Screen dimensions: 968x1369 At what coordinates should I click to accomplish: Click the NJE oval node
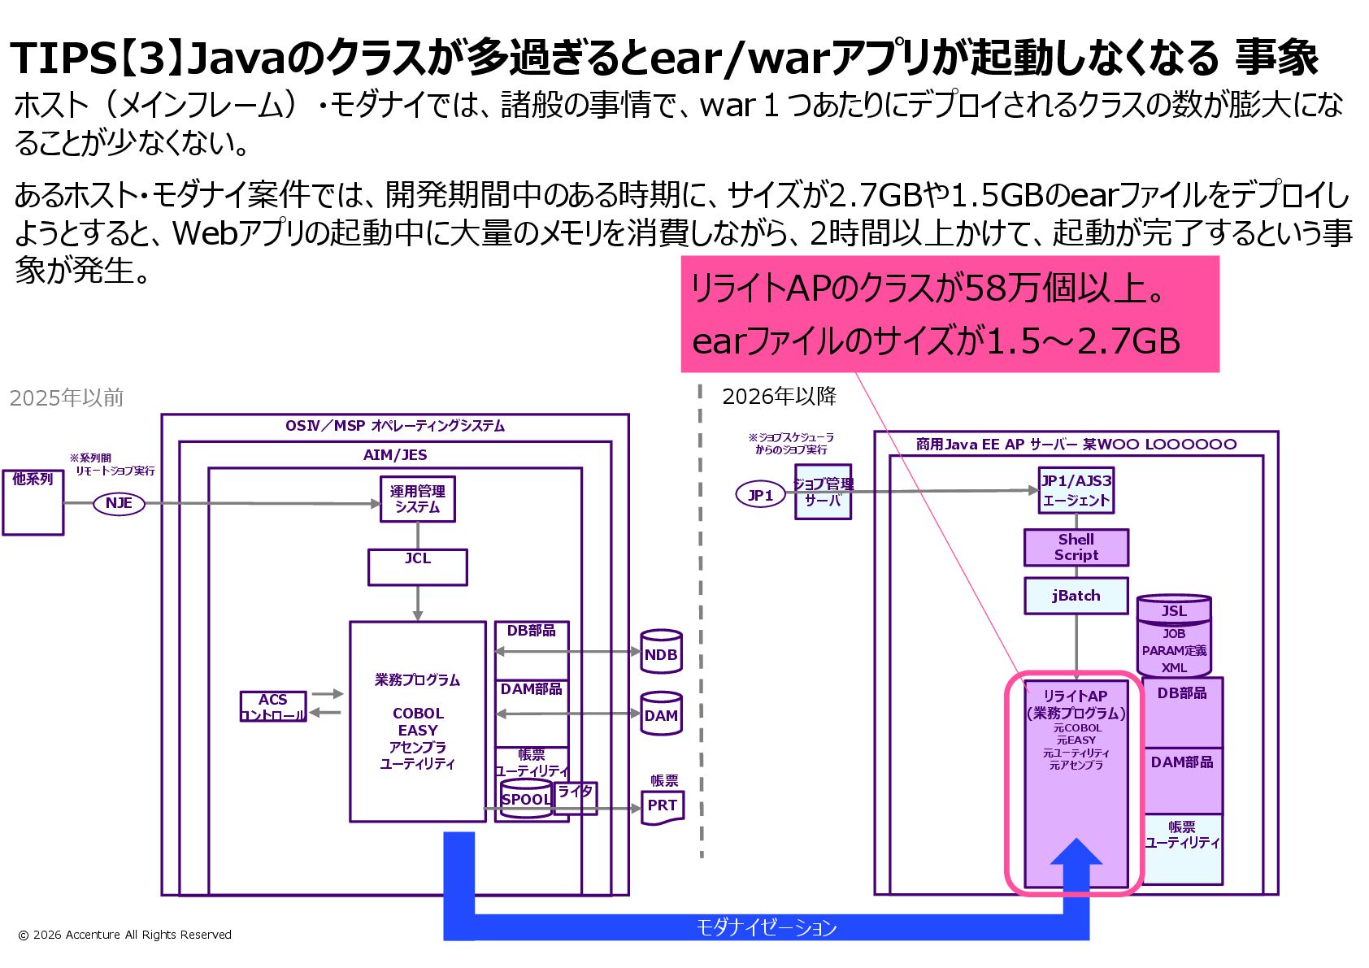point(119,503)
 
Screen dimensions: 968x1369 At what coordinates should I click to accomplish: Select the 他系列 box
point(33,502)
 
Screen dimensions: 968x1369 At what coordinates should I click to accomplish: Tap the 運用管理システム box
point(417,499)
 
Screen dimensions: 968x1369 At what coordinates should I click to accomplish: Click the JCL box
point(417,566)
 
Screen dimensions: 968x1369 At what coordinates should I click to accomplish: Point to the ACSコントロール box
point(273,706)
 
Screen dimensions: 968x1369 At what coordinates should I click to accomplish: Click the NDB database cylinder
point(660,653)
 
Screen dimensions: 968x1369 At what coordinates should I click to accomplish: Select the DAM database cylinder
point(660,714)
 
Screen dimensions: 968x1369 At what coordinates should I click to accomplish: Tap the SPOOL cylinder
point(526,798)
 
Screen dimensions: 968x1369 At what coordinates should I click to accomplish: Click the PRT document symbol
point(662,807)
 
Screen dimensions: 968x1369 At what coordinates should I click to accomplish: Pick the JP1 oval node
point(760,494)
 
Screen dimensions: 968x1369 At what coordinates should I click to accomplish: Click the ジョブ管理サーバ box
point(823,492)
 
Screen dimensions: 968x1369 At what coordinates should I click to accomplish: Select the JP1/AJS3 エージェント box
point(1076,490)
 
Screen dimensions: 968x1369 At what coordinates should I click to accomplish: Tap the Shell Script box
point(1076,547)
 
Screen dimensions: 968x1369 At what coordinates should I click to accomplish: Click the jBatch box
point(1076,596)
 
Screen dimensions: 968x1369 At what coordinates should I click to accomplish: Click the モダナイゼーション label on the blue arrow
point(766,927)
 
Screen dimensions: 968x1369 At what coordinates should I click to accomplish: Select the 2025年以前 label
point(67,397)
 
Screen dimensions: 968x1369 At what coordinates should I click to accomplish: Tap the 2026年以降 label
point(779,396)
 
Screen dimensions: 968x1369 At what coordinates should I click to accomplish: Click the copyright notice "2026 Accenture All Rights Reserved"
point(125,935)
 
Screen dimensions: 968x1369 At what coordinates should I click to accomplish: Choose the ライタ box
point(576,797)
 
